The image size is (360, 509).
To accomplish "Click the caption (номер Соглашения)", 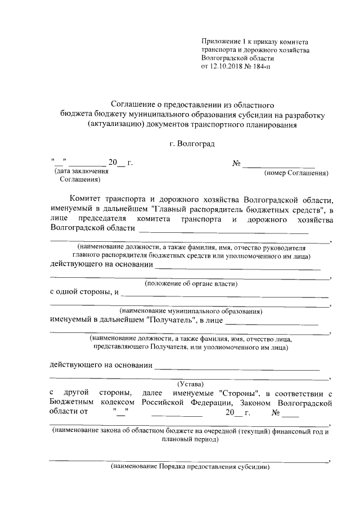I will [x=296, y=174].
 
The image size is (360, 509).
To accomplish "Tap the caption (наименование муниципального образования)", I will [x=191, y=310].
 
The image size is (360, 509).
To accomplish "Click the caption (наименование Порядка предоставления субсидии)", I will [x=191, y=467].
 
